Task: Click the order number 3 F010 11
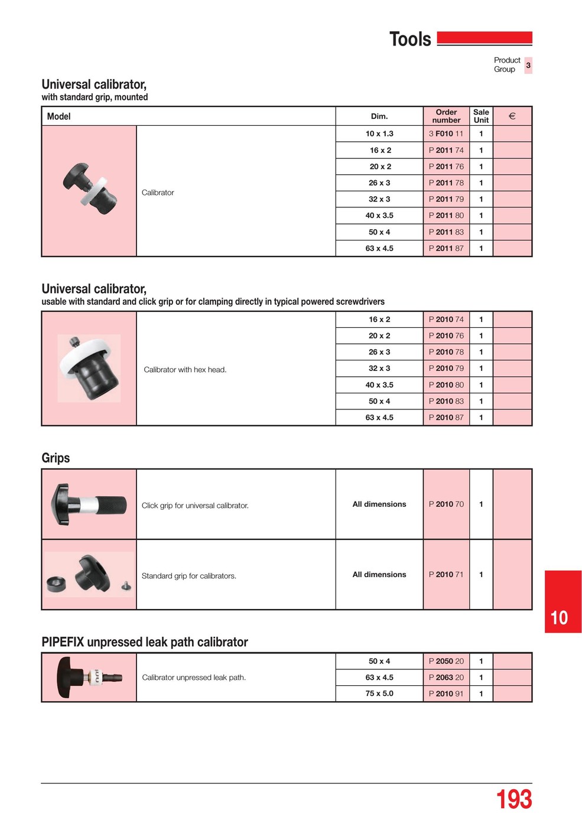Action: coord(446,134)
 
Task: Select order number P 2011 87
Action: coord(446,248)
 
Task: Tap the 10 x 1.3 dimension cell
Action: coord(379,134)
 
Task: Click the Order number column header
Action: coord(446,116)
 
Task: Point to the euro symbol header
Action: coord(512,116)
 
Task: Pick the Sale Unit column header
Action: coord(481,116)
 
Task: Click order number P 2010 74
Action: coord(446,319)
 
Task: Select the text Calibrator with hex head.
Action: coord(185,370)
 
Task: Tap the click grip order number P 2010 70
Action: coord(446,504)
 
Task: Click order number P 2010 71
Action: coord(446,574)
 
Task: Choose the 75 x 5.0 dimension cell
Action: coord(379,693)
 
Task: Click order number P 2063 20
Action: coord(446,678)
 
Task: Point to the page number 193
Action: coord(513,800)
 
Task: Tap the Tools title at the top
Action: coord(410,39)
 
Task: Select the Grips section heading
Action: coord(56,458)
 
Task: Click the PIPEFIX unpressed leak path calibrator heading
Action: coord(145,642)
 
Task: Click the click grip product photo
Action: coord(89,504)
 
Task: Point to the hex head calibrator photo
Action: coord(89,368)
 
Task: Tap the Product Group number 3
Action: coord(528,65)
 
